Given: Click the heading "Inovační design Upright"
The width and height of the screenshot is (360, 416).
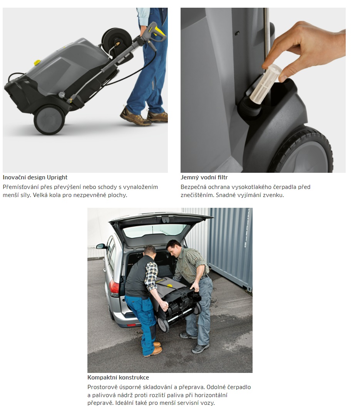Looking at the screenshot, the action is tap(35, 177).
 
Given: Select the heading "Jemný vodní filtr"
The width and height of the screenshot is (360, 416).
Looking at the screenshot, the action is tap(204, 177).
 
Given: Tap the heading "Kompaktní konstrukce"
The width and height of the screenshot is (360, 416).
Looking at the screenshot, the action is tap(118, 378).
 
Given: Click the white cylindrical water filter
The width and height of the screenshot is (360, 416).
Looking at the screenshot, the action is tap(266, 80).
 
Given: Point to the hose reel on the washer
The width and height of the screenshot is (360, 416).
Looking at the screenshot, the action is tap(117, 42).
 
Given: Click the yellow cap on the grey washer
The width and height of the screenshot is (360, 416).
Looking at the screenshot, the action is tap(37, 63).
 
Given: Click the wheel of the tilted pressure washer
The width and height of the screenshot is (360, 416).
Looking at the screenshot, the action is tap(49, 120).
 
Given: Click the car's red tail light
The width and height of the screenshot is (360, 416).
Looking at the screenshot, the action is tap(114, 288).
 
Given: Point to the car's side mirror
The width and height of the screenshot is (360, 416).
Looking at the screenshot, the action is tap(101, 246).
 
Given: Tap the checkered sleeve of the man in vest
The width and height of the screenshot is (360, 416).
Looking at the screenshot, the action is tap(151, 276).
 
